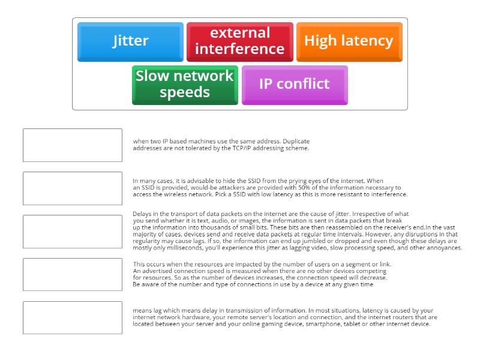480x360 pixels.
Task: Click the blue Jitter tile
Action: point(130,41)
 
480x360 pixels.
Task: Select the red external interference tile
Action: point(239,41)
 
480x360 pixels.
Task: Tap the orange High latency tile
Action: point(349,41)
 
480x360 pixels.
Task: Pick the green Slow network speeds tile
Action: point(185,85)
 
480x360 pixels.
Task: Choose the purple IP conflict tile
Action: point(294,85)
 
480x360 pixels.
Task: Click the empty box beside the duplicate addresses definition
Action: point(73,145)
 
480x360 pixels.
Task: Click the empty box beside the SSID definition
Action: point(73,188)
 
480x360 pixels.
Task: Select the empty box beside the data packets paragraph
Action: point(73,232)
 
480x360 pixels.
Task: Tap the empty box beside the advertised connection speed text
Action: point(73,275)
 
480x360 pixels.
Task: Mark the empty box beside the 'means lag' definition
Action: point(73,318)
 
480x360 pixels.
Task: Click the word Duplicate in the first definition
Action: point(296,142)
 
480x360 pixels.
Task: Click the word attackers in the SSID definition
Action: point(201,188)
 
